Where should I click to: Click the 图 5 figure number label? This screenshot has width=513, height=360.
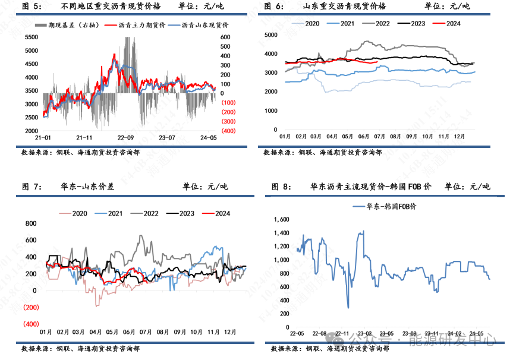[32, 7]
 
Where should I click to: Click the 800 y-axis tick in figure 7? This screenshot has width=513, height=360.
[31, 224]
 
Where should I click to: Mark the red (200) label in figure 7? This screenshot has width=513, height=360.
[30, 307]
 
